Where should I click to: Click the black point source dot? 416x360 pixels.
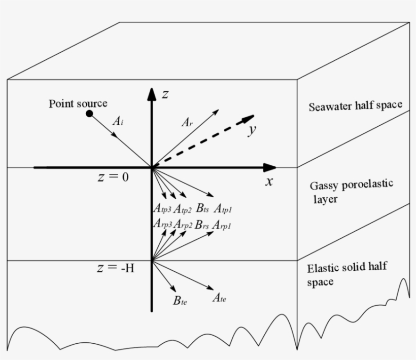tap(90, 114)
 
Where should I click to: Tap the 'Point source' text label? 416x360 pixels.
tap(78, 103)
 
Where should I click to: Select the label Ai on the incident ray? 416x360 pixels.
tap(118, 121)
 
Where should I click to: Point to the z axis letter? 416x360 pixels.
tap(164, 94)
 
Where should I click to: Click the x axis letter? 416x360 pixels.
tap(269, 182)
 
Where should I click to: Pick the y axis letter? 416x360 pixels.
tap(251, 131)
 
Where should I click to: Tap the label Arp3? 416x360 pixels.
tap(162, 224)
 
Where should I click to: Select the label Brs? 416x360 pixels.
tap(202, 224)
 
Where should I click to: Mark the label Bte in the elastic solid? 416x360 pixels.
tap(180, 301)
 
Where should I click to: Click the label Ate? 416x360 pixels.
tap(219, 298)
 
